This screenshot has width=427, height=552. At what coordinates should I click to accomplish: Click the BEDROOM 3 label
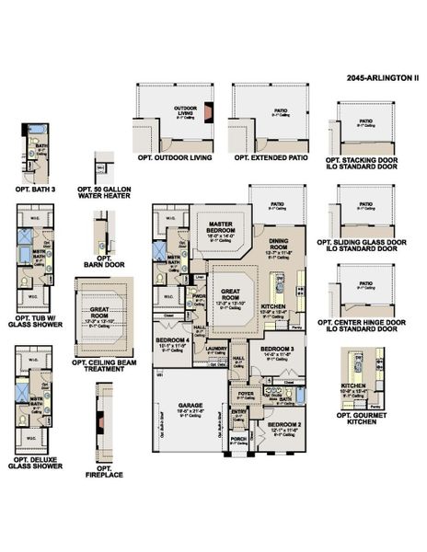276,350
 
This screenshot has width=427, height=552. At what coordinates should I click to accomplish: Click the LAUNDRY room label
217,350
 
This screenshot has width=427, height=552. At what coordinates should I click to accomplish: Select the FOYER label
246,394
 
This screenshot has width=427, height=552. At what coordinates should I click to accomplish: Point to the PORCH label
238,440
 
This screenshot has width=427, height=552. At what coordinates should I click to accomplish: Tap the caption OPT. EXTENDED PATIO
271,158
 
